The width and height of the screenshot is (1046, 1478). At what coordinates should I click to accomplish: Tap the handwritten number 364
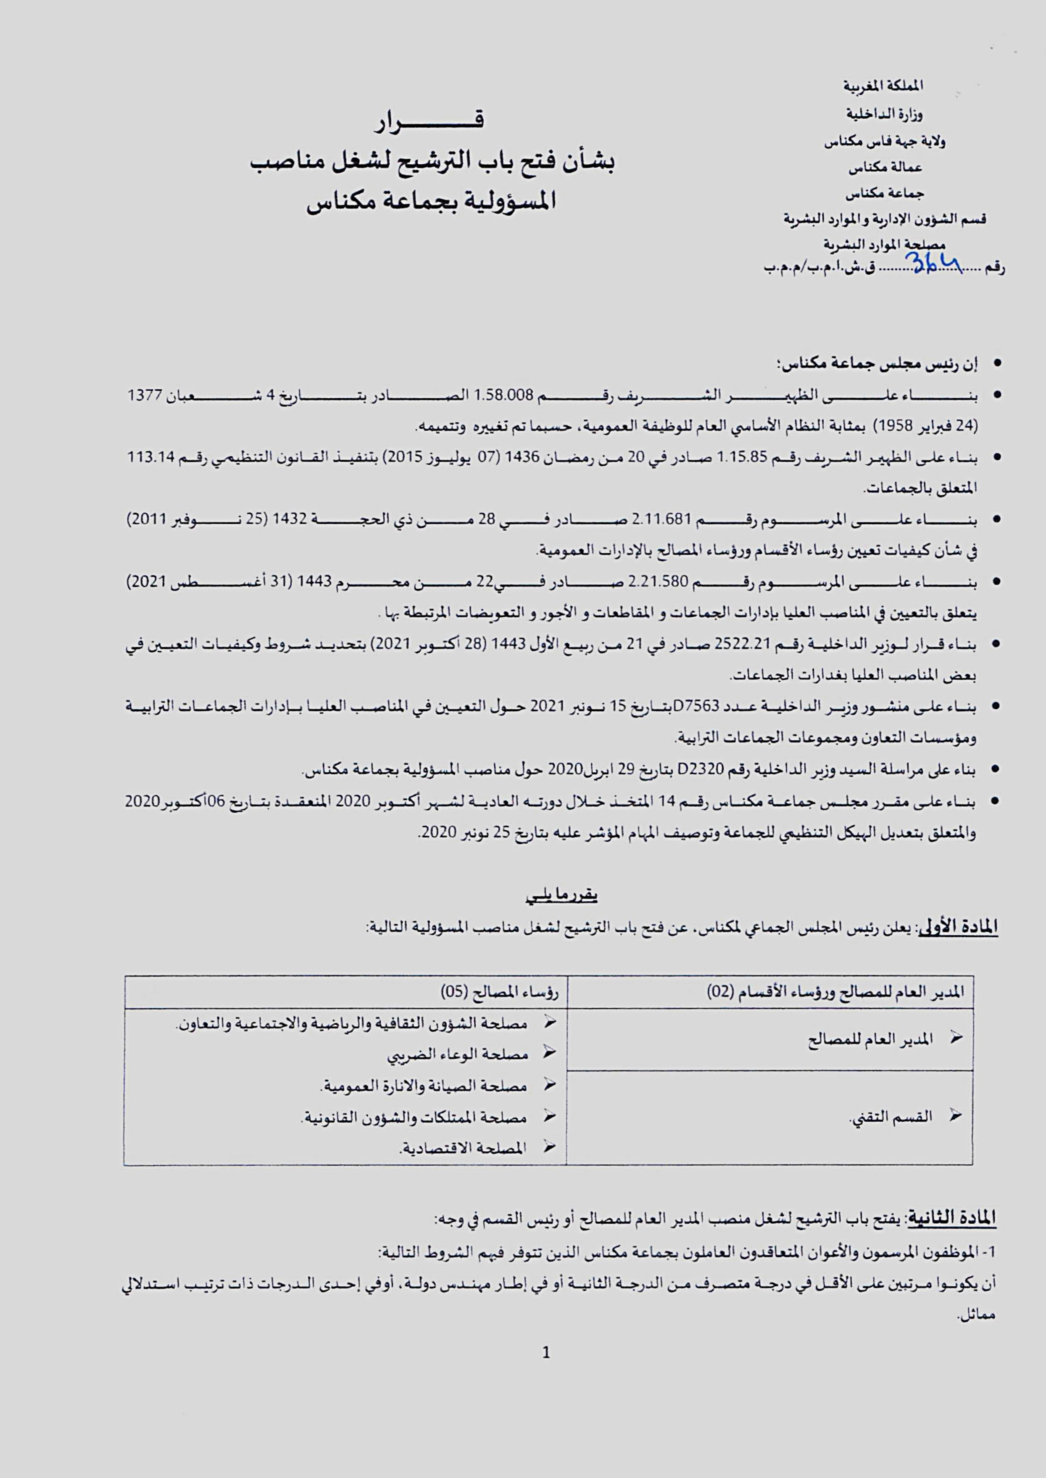(933, 262)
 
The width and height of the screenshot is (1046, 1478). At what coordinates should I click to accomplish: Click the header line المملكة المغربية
(884, 86)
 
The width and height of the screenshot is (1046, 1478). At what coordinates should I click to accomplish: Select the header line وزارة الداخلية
(884, 115)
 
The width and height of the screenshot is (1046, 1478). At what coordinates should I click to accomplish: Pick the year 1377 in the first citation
(146, 396)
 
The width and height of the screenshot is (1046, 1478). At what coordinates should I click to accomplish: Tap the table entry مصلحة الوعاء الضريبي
(457, 1055)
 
